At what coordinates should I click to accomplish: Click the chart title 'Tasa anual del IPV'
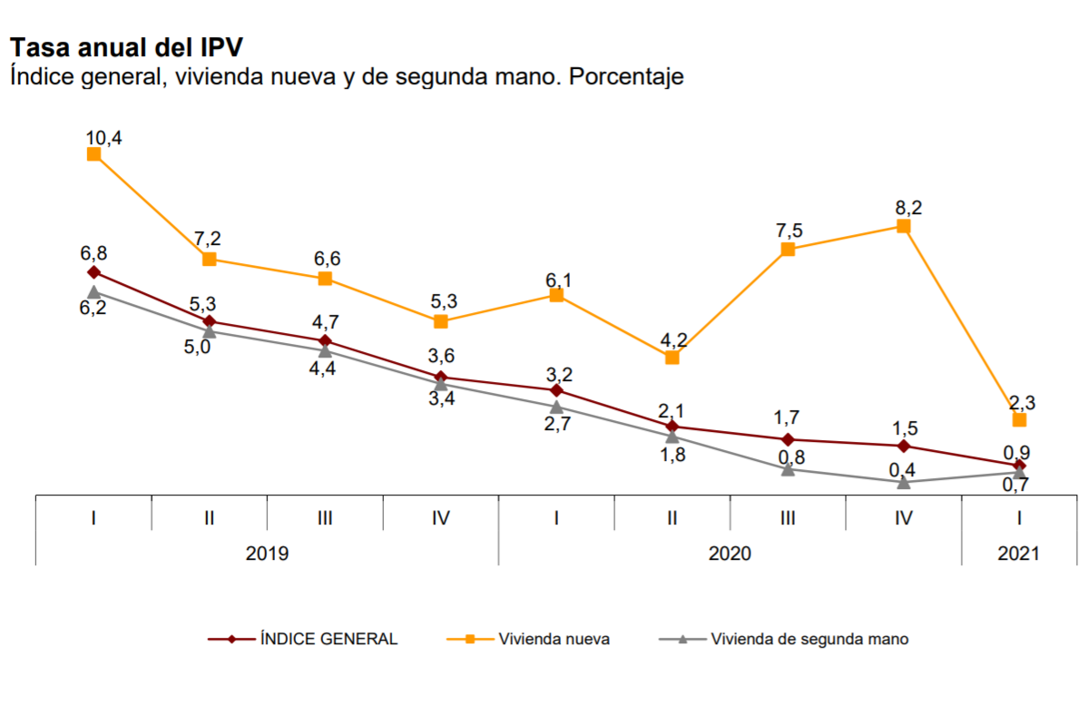click(126, 48)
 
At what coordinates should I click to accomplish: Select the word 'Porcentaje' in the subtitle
click(625, 77)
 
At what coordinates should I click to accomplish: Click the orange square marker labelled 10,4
click(93, 154)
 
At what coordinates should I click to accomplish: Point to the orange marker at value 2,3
click(1019, 420)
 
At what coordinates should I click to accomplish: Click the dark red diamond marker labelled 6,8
click(93, 272)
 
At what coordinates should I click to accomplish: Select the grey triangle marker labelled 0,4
click(904, 482)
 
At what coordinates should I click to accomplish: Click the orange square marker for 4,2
click(672, 358)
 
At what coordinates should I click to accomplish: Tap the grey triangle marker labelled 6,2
click(93, 291)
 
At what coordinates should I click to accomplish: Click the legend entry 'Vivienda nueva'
click(554, 639)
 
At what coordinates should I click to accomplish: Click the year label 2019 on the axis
click(267, 554)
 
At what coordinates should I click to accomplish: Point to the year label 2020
click(730, 554)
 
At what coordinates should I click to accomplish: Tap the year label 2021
click(1019, 554)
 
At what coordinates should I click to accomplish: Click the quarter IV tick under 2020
click(904, 518)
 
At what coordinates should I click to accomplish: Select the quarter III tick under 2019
click(325, 518)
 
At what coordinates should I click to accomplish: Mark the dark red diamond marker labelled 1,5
click(904, 446)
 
